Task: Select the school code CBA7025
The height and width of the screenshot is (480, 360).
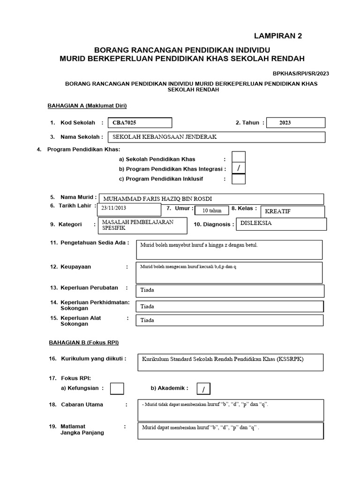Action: (x=140, y=123)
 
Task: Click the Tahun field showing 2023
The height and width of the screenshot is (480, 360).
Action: (x=295, y=123)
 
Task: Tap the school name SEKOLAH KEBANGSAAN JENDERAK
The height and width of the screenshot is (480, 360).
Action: (x=216, y=137)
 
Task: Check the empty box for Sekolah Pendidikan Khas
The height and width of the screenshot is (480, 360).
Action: (x=239, y=157)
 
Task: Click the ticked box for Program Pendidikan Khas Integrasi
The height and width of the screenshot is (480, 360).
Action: (x=239, y=168)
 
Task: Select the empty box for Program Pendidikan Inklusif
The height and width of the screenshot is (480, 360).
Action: (x=239, y=179)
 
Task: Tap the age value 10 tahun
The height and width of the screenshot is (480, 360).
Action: (x=211, y=210)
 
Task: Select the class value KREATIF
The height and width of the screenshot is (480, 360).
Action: (x=292, y=211)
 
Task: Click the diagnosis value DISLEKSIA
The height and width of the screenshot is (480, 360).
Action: (x=281, y=224)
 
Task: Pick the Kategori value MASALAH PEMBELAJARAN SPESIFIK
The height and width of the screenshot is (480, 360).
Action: (x=142, y=225)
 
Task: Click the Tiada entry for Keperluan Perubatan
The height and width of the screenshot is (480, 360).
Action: (x=230, y=291)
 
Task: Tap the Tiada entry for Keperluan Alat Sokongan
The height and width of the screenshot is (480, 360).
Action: (x=230, y=321)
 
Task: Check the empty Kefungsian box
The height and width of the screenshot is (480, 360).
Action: (x=117, y=389)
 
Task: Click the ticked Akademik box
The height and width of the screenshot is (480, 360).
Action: (x=203, y=389)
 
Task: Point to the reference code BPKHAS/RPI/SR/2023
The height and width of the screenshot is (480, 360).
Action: (x=301, y=74)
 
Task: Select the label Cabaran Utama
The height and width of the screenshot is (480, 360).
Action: (x=82, y=405)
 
